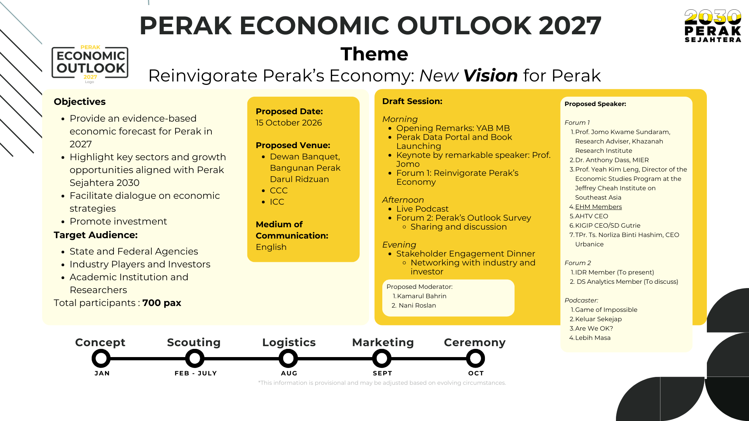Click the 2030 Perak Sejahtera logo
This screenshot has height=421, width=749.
pos(713,26)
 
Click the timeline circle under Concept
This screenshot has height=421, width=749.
pos(101,358)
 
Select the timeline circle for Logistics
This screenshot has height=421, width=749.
pos(288,358)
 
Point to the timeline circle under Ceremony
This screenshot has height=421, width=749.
pos(476,358)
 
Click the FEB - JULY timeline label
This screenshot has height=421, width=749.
pos(196,373)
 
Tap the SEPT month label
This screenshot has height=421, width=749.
pos(382,373)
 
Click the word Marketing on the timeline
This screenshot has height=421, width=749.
pos(383,342)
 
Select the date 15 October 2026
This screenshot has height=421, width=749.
pos(289,123)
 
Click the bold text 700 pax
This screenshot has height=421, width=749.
pos(162,303)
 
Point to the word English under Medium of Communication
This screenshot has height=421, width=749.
pos(271,247)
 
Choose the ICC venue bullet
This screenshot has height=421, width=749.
pos(277,202)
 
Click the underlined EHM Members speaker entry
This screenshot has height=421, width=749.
pos(598,207)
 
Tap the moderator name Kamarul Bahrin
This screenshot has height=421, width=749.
pos(422,296)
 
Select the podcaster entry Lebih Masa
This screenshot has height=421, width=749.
pos(593,338)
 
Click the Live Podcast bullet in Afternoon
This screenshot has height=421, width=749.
pos(422,209)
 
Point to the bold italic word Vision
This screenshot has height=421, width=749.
pos(491,76)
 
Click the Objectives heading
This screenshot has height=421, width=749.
pos(80,102)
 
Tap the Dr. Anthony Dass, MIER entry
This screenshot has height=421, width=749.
pos(612,160)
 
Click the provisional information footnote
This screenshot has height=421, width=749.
pos(382,383)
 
